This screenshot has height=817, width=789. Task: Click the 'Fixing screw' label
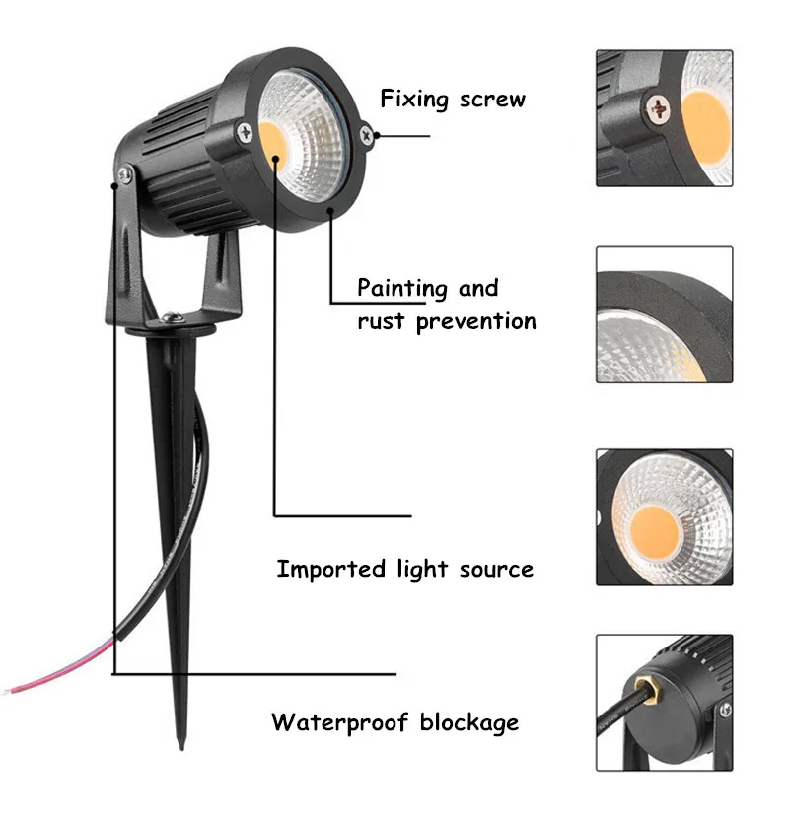453,99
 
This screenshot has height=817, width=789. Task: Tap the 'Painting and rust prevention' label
446,305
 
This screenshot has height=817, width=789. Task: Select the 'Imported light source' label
404,569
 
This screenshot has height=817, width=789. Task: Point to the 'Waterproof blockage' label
394,722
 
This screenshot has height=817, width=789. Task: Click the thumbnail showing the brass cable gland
664,702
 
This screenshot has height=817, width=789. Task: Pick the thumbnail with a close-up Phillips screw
664,118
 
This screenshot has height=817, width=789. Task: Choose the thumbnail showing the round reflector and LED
664,516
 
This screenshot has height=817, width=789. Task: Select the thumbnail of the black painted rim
664,314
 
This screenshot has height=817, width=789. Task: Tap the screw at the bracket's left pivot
122,176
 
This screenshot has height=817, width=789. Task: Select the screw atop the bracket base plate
172,317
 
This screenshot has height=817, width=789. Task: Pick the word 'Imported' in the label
330,569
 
